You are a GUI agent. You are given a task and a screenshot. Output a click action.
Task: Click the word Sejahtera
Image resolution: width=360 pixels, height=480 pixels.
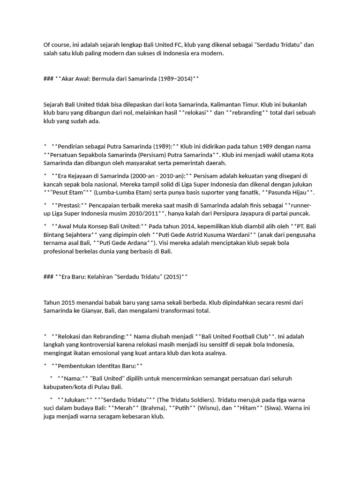pos(77,234)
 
